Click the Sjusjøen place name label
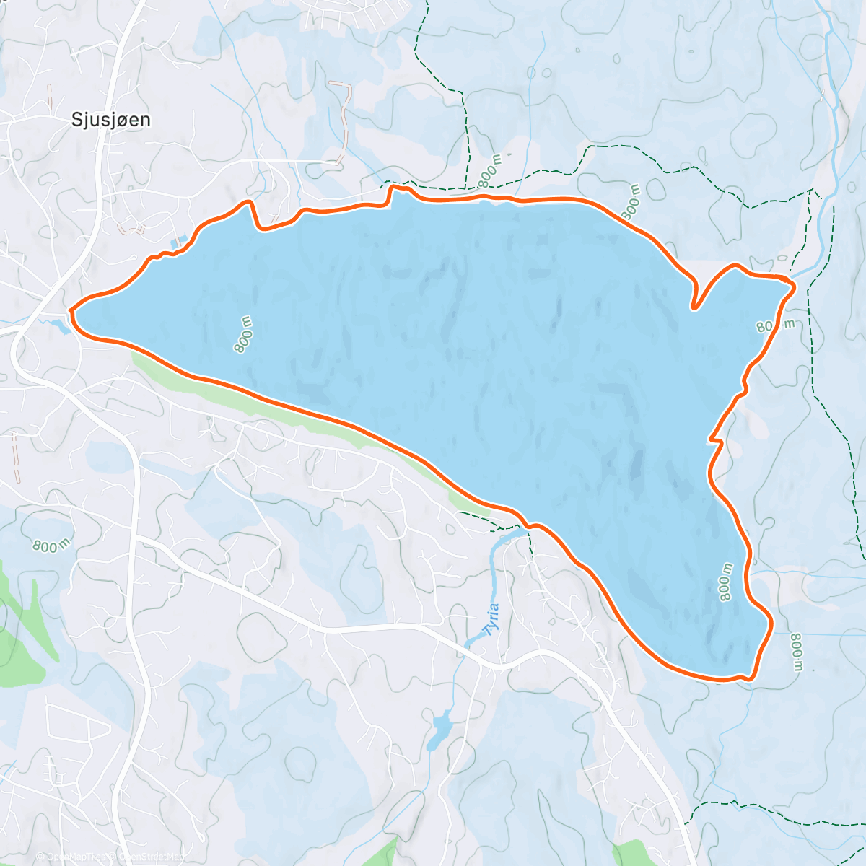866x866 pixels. coord(111,120)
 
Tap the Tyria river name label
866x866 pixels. coord(493,618)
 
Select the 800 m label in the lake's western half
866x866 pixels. coord(243,334)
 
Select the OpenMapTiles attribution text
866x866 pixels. coord(72,857)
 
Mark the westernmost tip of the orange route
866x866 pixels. coord(71,311)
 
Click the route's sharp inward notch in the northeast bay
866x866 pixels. coord(694,307)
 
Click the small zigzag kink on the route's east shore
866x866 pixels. coord(712,437)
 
